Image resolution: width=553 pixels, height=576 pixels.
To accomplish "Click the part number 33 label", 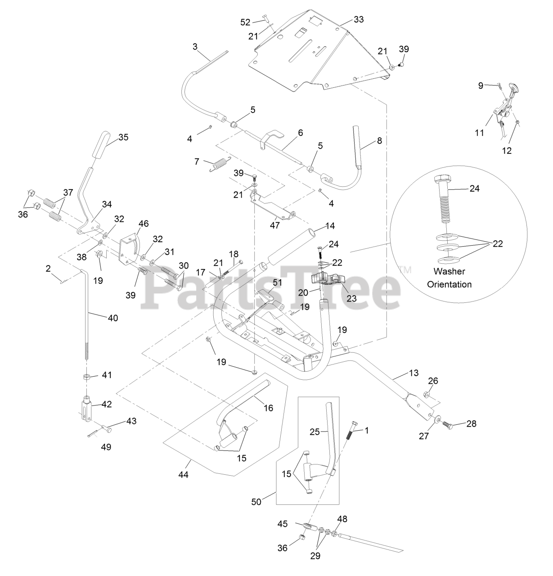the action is click(359, 20).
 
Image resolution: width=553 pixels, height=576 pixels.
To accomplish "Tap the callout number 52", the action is click(245, 22).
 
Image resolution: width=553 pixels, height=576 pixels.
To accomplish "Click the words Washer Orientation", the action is click(452, 278).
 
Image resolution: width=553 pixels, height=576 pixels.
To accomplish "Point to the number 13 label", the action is click(414, 373).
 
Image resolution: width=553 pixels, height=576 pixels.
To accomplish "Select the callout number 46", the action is click(144, 223).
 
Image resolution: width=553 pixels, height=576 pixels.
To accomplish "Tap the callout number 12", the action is click(507, 151).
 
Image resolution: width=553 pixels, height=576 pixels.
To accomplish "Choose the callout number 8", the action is click(379, 140).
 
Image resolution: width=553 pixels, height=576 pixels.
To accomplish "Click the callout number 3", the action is click(195, 47).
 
